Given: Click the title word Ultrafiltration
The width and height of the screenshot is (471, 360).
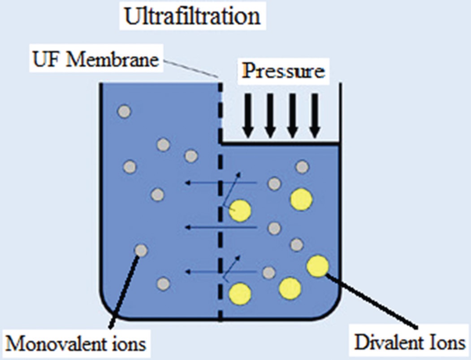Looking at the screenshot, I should click(x=192, y=17).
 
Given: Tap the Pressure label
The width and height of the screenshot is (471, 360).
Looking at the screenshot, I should click(x=283, y=71).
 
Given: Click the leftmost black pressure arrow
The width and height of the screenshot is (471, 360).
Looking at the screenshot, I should click(x=248, y=115).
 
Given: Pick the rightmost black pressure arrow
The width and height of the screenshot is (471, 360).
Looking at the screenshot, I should click(x=315, y=115).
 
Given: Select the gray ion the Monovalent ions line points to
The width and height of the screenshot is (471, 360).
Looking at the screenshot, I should click(x=141, y=250).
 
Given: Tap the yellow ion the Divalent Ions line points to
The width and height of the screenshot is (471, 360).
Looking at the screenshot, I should click(x=318, y=266).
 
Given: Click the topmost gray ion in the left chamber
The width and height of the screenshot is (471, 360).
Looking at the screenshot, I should click(x=124, y=111).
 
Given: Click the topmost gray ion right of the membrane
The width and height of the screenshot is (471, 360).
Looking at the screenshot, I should click(x=302, y=167).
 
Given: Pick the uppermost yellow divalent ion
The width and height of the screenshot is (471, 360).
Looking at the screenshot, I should click(x=301, y=200).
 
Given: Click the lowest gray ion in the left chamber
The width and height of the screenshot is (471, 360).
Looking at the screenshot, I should click(x=164, y=284).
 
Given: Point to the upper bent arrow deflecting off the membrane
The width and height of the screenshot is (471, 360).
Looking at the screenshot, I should click(x=232, y=188).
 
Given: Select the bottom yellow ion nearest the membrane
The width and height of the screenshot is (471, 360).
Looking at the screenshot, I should click(x=240, y=294).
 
